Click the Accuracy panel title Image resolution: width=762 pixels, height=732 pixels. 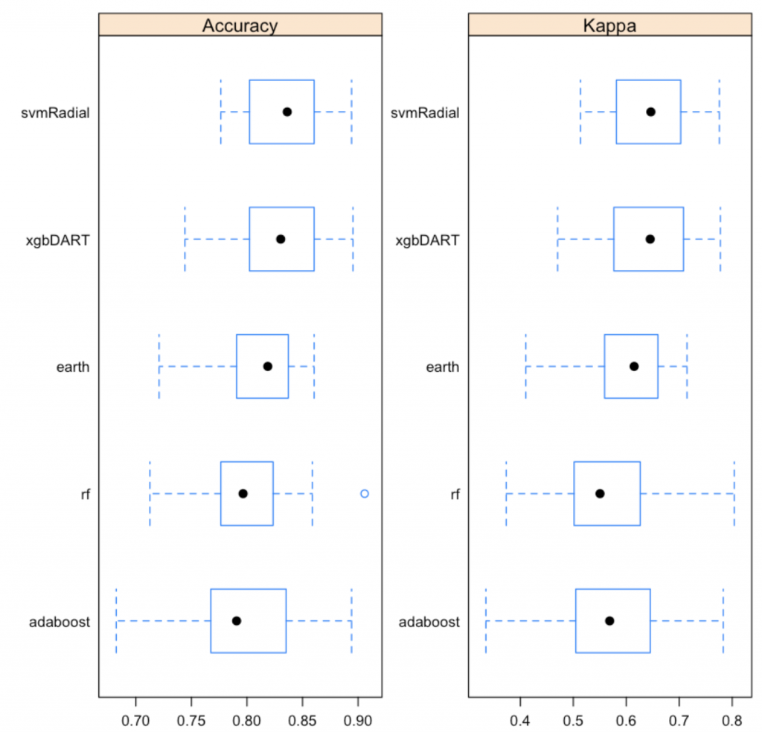coord(240,25)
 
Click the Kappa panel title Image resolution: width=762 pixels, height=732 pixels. coord(609,25)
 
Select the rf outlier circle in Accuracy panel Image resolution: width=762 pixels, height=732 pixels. coord(365,493)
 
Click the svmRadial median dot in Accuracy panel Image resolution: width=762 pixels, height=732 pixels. coord(287,112)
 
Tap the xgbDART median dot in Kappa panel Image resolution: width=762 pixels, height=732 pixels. coord(650,239)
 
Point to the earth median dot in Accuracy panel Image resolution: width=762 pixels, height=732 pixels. coord(268,366)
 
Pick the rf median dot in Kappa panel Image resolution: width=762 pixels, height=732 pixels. coord(600,493)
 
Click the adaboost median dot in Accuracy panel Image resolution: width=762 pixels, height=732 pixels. coord(237,620)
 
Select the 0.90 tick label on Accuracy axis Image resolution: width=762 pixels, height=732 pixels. coord(358,719)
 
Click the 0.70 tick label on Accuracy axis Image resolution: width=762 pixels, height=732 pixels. coord(136,719)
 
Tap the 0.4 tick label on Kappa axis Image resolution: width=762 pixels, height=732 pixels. coord(520,719)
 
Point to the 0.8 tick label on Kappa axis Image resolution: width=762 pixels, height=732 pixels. coord(731,719)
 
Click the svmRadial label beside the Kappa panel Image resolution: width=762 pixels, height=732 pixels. coord(425,112)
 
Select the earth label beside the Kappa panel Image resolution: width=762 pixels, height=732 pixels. coord(442,367)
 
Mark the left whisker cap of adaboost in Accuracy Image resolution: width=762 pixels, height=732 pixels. coord(116,620)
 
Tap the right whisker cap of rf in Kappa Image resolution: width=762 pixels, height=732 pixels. coord(734,493)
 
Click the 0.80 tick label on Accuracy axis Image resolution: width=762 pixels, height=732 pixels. coord(247,719)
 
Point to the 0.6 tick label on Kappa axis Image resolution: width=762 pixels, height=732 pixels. coord(626,719)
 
